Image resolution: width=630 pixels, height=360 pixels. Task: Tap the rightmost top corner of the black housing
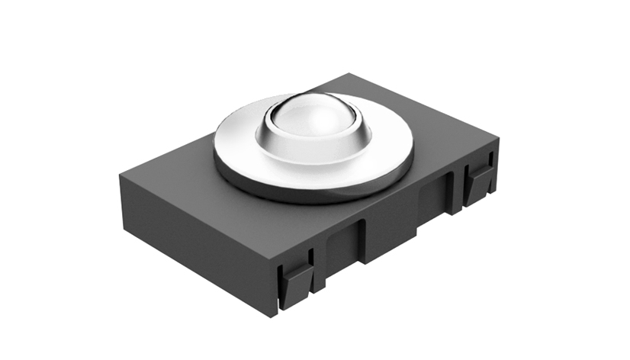pyautogui.click(x=498, y=139)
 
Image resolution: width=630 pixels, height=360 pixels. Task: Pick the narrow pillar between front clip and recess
pyautogui.click(x=319, y=263)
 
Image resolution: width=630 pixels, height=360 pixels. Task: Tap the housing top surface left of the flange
pyautogui.click(x=175, y=175)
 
